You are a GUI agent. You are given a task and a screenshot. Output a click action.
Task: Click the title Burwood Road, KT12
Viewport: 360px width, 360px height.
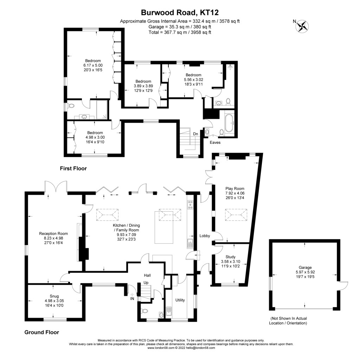180,13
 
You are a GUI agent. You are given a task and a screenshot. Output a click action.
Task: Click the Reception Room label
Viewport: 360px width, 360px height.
53,233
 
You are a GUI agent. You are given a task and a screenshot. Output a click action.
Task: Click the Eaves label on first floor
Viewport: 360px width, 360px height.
215,143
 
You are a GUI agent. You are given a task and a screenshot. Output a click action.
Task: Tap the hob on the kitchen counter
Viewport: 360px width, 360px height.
191,205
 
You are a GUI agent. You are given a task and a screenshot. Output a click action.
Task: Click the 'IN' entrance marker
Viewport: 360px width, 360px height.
133,298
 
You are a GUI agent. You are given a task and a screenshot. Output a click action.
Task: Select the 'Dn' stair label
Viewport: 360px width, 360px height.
195,134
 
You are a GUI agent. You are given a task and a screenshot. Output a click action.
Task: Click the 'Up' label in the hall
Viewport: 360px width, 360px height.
146,283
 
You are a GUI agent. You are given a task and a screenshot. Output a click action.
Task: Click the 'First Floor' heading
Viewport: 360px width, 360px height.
73,168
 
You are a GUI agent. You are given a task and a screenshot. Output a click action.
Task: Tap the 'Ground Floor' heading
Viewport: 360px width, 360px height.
41,332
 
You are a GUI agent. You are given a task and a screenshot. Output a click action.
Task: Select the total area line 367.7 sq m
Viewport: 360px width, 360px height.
180,32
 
